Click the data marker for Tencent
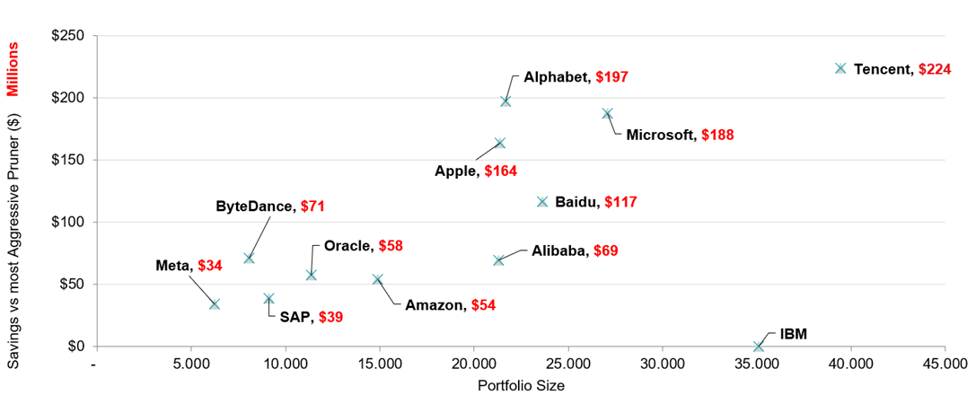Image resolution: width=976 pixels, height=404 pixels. coord(840,68)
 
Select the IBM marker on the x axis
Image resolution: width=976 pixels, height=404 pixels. coord(759,346)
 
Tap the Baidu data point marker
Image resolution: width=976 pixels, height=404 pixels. coord(542,202)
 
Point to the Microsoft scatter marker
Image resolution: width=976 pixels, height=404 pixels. coord(607,114)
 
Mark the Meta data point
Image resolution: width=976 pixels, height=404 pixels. coord(215,304)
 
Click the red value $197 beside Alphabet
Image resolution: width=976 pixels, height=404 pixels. coord(611,77)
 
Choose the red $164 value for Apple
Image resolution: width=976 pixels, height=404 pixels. coord(500,171)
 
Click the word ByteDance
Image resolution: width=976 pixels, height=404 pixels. coord(255,206)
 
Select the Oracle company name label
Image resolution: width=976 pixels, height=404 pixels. coord(348,246)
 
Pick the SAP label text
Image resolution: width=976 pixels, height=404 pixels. coord(295,317)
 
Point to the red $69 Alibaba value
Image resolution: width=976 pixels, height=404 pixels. coord(602,251)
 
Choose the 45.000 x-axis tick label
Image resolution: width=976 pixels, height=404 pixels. coord(945,364)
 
